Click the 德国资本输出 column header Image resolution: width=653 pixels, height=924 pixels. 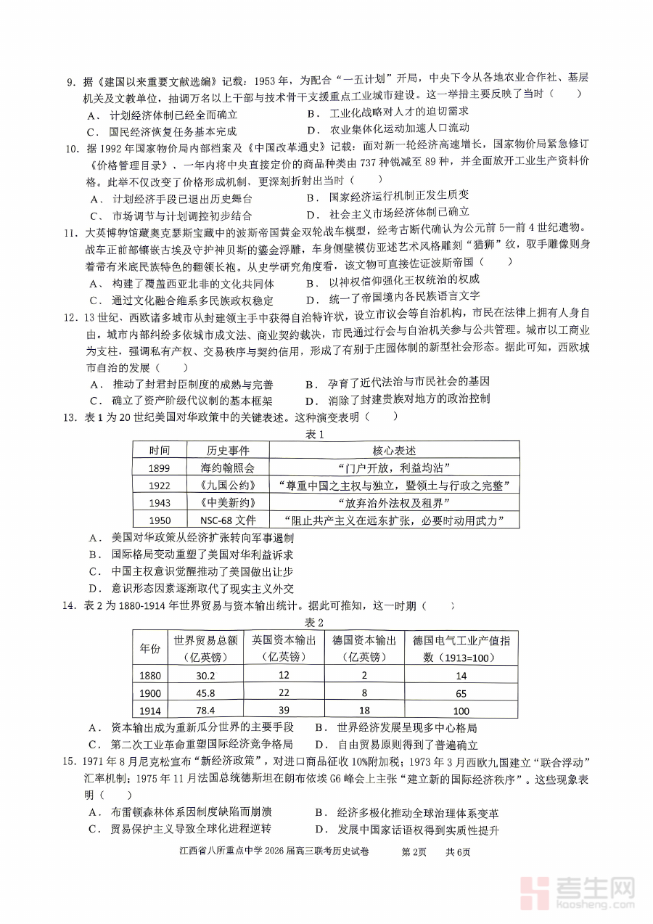click(364, 648)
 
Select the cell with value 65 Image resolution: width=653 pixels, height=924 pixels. click(461, 693)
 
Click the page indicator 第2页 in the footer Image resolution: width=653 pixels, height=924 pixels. click(416, 852)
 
